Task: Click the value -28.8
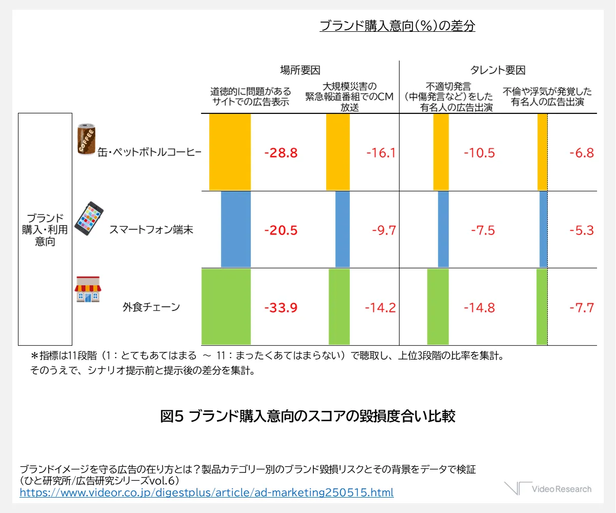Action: click(x=281, y=153)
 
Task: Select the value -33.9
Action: click(x=281, y=308)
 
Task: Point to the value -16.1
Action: click(x=381, y=153)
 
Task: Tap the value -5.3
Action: click(x=581, y=230)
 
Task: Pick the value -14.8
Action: click(x=479, y=308)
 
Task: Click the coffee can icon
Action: click(x=85, y=139)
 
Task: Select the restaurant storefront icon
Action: click(x=88, y=290)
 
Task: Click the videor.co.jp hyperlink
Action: click(x=206, y=493)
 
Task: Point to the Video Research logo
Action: click(x=547, y=489)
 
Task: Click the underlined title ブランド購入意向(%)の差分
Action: click(x=397, y=26)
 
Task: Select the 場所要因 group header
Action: click(x=300, y=71)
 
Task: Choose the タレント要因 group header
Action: click(x=498, y=71)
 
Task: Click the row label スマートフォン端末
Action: click(x=151, y=230)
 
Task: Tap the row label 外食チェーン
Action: click(x=151, y=308)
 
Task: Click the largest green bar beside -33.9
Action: click(x=226, y=306)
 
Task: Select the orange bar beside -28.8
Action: click(x=230, y=152)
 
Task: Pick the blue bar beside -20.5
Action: click(x=236, y=229)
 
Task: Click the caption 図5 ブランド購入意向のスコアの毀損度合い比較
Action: click(x=308, y=416)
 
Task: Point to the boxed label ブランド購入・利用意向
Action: click(x=45, y=229)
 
